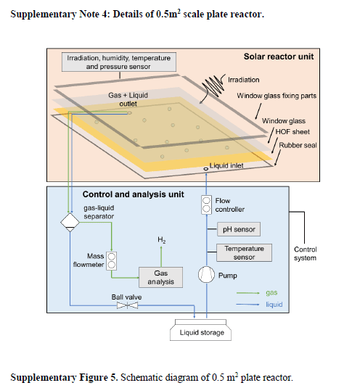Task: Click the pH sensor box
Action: click(239, 229)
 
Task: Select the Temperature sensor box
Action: click(244, 252)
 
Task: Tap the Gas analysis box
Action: click(160, 277)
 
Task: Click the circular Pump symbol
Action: click(206, 274)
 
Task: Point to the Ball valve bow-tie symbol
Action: click(127, 305)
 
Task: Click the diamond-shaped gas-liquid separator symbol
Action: click(70, 223)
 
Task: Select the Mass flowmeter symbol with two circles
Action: click(112, 261)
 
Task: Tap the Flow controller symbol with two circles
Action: click(206, 205)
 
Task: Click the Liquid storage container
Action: click(200, 330)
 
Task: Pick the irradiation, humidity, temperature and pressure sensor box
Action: click(119, 62)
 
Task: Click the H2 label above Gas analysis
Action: click(162, 240)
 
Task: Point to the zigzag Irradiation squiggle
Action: click(213, 86)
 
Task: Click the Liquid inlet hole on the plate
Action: click(205, 169)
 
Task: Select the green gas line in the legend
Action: click(247, 293)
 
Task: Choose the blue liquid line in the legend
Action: click(247, 305)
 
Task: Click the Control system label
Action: click(306, 254)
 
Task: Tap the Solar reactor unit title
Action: click(279, 57)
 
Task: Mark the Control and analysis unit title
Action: click(134, 194)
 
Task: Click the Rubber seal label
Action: click(298, 145)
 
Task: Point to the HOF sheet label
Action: click(292, 132)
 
